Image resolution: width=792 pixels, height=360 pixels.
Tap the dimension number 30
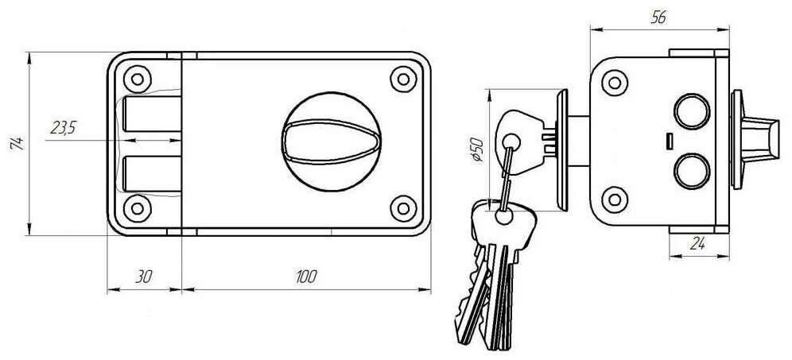point(143,277)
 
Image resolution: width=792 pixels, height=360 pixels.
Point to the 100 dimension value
point(305,277)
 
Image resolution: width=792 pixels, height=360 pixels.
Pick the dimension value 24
point(699,245)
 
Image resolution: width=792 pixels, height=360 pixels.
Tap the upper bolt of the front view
point(151,114)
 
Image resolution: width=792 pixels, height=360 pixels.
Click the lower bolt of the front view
point(151,174)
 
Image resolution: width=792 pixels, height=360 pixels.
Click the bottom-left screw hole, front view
point(138,209)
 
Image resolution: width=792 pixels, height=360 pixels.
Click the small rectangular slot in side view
point(670,140)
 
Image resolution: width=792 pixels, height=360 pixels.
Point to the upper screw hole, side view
point(613,81)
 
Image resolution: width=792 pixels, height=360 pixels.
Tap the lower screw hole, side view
point(613,199)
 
